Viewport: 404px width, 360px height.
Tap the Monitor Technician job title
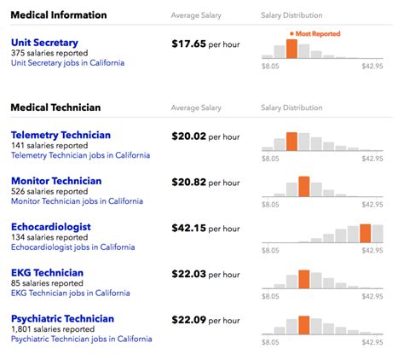pyautogui.click(x=56, y=181)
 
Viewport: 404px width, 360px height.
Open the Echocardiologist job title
pyautogui.click(x=51, y=227)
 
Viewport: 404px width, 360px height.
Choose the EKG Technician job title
pyautogui.click(x=48, y=273)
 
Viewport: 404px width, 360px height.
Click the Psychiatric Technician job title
pyautogui.click(x=62, y=319)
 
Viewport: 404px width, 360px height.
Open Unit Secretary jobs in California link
pyautogui.click(x=67, y=63)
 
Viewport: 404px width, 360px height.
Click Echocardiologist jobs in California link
pyautogui.click(x=72, y=247)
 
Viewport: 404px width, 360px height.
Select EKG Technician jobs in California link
pyautogui.click(x=71, y=293)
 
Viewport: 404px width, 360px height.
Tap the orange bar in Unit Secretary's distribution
pyautogui.click(x=292, y=49)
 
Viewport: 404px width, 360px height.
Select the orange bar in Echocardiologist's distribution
pyautogui.click(x=365, y=233)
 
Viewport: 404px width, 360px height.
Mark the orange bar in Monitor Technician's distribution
pyautogui.click(x=304, y=187)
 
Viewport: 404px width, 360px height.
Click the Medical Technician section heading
pyautogui.click(x=55, y=107)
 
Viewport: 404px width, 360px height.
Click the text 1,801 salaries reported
pyautogui.click(x=53, y=329)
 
